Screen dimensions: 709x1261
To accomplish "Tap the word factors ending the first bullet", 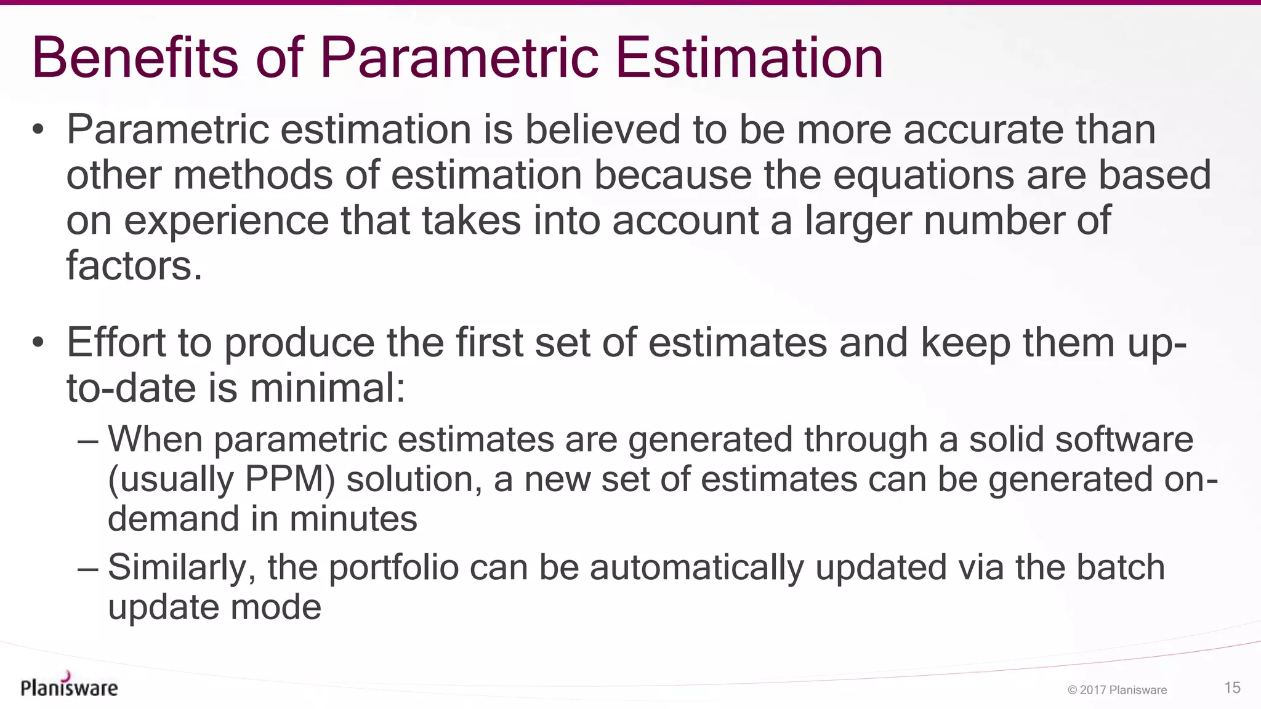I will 134,266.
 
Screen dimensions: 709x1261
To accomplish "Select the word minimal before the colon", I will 327,388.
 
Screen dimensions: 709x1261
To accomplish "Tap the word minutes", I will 353,519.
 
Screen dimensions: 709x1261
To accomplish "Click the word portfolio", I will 393,568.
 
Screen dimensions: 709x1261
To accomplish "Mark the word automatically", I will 696,568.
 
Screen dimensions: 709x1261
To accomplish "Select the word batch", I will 1120,567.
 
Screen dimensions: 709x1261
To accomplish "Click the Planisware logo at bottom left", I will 69,686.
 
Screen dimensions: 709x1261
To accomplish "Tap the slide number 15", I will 1232,687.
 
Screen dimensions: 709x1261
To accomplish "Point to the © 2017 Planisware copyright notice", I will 1117,690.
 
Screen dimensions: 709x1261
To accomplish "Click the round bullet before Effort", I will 38,343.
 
